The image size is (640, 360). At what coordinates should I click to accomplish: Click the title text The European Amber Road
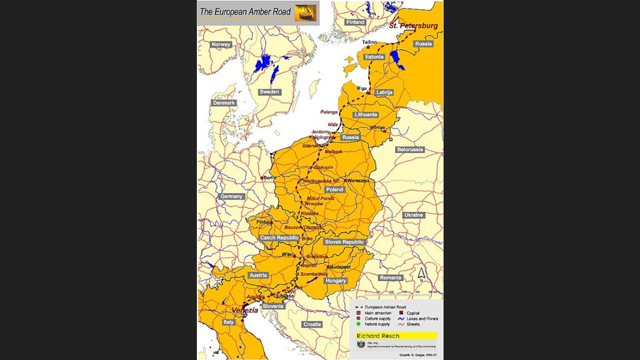pyautogui.click(x=245, y=12)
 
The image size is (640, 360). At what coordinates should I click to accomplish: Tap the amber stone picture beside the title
pyautogui.click(x=306, y=13)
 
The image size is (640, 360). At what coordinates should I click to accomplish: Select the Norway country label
pyautogui.click(x=221, y=44)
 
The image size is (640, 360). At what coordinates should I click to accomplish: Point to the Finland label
pyautogui.click(x=355, y=22)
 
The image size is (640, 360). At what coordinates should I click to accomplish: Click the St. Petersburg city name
pyautogui.click(x=413, y=26)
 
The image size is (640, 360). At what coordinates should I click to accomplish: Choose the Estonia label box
pyautogui.click(x=374, y=57)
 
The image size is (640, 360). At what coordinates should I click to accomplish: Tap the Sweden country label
pyautogui.click(x=269, y=92)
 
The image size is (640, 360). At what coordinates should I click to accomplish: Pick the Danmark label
pyautogui.click(x=224, y=103)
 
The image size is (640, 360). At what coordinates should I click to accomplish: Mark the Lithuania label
pyautogui.click(x=366, y=115)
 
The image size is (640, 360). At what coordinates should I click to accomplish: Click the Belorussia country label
pyautogui.click(x=410, y=150)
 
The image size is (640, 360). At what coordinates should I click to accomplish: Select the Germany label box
pyautogui.click(x=232, y=196)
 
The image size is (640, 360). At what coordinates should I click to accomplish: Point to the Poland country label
pyautogui.click(x=335, y=189)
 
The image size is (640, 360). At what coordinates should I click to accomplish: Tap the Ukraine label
pyautogui.click(x=413, y=215)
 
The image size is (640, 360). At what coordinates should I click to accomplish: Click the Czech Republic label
pyautogui.click(x=279, y=238)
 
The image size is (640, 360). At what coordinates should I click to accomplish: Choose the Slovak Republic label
pyautogui.click(x=344, y=242)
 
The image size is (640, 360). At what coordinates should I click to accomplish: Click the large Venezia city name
pyautogui.click(x=244, y=310)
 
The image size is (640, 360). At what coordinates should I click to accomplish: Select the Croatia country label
pyautogui.click(x=312, y=324)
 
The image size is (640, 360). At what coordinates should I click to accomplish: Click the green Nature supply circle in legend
pyautogui.click(x=358, y=324)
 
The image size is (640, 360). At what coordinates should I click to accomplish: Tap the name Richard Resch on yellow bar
pyautogui.click(x=378, y=336)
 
